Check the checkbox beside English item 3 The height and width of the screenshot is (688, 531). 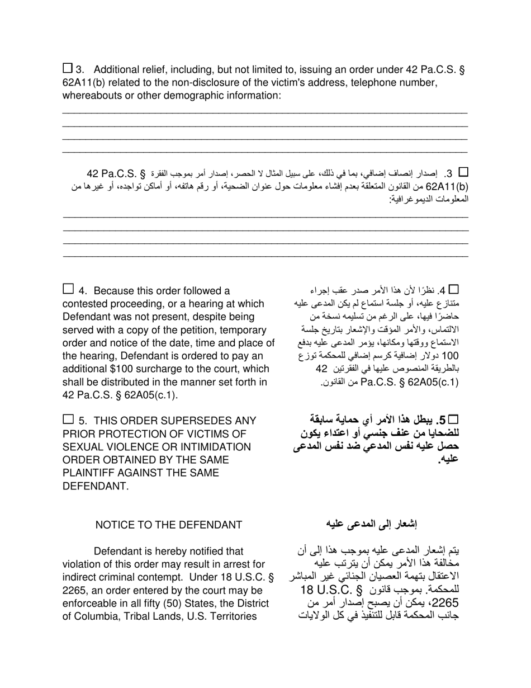point(68,68)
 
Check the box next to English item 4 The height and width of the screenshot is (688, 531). point(68,289)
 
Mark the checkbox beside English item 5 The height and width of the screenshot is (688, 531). point(68,419)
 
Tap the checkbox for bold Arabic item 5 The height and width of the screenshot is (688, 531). point(453,419)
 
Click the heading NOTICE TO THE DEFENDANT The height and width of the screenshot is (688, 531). point(169,525)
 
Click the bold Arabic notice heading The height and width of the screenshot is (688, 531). point(372,524)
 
